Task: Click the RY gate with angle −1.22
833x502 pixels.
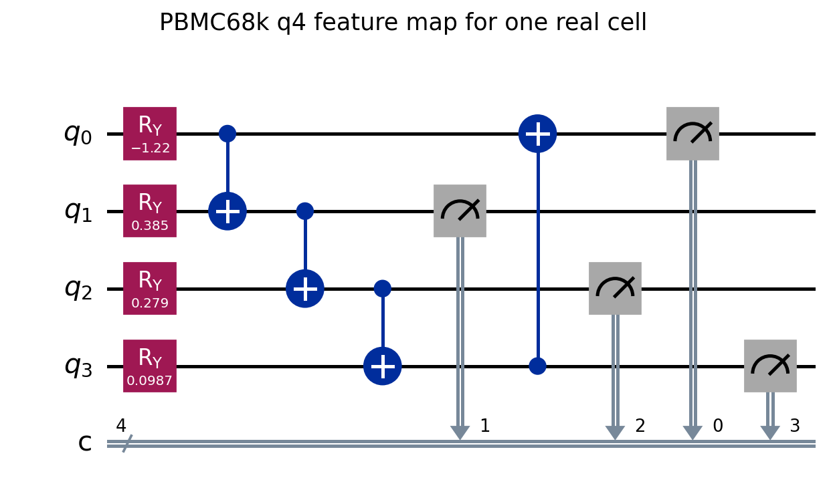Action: (150, 134)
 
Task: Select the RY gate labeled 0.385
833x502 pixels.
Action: (150, 211)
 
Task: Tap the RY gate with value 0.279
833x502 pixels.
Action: (150, 289)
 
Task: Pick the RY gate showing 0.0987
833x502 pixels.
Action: (150, 366)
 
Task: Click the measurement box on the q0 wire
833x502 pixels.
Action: (692, 134)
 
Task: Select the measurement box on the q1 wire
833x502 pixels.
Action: (460, 211)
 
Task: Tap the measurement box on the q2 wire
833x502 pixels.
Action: (615, 289)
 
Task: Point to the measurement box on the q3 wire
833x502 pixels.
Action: (770, 366)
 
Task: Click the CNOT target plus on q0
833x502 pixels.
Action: (538, 134)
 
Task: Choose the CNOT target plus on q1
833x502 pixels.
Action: (227, 211)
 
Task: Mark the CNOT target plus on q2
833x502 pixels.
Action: (305, 289)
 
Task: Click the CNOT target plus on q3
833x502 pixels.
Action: (383, 366)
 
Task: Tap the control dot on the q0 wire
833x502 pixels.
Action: (227, 134)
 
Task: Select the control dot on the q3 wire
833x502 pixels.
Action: (538, 366)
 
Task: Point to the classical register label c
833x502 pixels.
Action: (85, 443)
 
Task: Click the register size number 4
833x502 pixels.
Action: (121, 426)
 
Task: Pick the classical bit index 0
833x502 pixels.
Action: (718, 426)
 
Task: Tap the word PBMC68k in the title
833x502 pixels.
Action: (214, 22)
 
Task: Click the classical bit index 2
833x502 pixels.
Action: (640, 426)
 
